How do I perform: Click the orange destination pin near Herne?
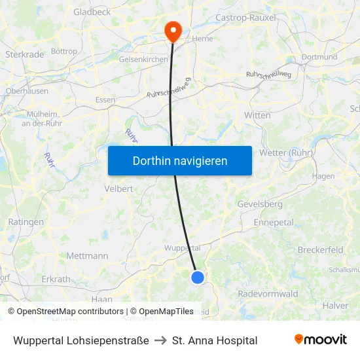(x=173, y=29)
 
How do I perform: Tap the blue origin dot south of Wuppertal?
(x=198, y=278)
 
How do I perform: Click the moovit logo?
(x=321, y=340)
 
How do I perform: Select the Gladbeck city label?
(x=93, y=12)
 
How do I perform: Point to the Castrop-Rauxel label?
(x=246, y=18)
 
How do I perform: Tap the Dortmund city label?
(x=319, y=57)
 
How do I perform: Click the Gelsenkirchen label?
(x=143, y=59)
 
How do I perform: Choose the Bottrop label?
(x=63, y=51)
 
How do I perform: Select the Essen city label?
(x=105, y=100)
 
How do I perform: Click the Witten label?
(x=257, y=115)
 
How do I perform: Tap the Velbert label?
(x=118, y=189)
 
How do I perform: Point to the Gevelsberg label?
(x=260, y=204)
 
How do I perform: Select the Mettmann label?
(x=87, y=256)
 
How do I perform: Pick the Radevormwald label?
(x=268, y=294)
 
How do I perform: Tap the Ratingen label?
(x=26, y=222)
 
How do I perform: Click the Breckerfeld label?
(x=321, y=250)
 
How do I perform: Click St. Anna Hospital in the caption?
(x=215, y=340)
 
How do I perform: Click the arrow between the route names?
(x=160, y=340)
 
